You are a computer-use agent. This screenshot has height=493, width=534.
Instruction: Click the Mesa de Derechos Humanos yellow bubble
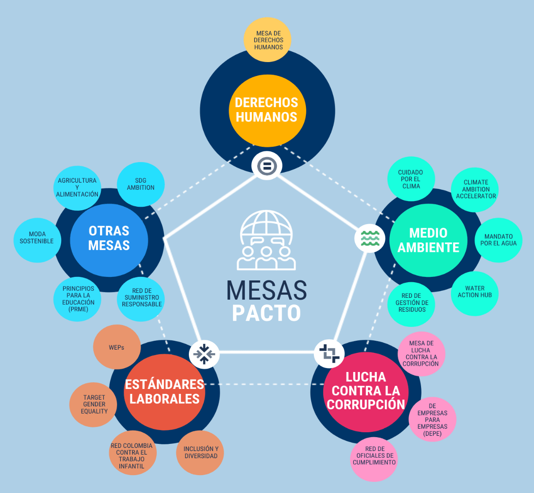pos(268,40)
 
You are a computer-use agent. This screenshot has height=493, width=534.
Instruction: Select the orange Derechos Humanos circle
pos(267,110)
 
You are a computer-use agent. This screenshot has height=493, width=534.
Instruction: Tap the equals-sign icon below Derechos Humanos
pos(267,166)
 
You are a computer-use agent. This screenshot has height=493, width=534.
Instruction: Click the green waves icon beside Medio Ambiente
pos(370,238)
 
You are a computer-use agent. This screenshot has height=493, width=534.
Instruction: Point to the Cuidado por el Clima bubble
pos(411,179)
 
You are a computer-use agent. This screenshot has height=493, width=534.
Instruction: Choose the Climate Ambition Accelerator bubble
pos(475,189)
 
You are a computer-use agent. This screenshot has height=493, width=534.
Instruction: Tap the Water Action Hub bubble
pos(475,292)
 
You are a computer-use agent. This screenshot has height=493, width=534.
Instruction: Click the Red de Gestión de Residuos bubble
pos(411,303)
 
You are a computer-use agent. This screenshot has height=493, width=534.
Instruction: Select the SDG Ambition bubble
pos(141,184)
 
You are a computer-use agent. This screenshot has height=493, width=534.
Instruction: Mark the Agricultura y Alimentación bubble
pos(77,188)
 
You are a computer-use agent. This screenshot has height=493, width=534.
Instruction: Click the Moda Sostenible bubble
pos(37,238)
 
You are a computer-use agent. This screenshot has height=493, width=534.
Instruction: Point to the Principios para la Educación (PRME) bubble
pos(78,299)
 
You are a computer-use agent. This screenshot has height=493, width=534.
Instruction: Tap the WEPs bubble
pos(117,347)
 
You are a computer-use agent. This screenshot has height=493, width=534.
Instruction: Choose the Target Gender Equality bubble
pos(94,404)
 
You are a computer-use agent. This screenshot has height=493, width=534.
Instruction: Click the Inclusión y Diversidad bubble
pos(200,452)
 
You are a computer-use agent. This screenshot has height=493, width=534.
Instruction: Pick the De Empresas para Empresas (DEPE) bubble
pos(432,420)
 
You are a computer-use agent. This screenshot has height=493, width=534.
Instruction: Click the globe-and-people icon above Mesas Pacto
pos(267,241)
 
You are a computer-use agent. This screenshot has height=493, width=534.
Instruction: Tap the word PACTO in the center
pos(267,313)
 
